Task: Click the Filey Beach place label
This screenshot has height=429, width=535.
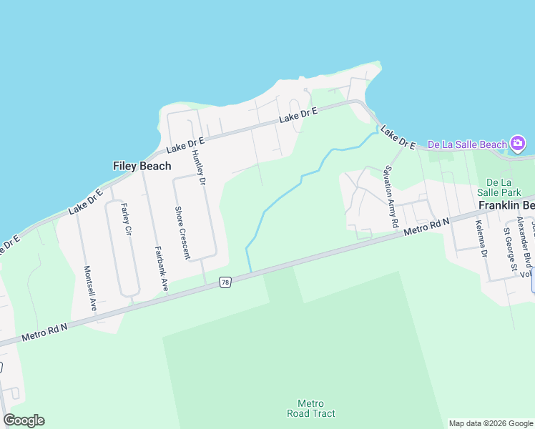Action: [142, 166]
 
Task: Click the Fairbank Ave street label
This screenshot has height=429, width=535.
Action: [161, 267]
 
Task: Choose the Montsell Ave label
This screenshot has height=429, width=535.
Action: [89, 287]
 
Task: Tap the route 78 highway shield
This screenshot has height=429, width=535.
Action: [225, 283]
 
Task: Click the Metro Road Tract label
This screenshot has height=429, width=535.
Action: [311, 408]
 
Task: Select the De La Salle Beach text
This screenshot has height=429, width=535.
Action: [466, 144]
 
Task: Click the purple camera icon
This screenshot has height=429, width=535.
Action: [518, 144]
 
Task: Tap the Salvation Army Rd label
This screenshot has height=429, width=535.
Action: [391, 197]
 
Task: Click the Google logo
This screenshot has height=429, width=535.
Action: [24, 420]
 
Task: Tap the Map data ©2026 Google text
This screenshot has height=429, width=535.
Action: [491, 423]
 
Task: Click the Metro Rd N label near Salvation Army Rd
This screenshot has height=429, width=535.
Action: [426, 227]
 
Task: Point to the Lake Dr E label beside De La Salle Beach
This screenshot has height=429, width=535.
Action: [398, 138]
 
